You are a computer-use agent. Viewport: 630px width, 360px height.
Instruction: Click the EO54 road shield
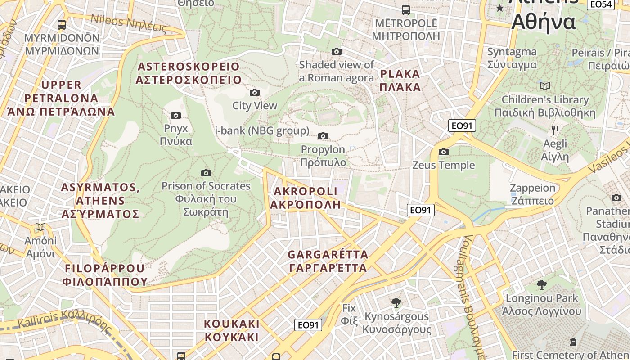[601, 4]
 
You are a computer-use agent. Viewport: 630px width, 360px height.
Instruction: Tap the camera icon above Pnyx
[176, 116]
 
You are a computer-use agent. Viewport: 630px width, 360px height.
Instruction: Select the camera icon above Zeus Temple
[444, 152]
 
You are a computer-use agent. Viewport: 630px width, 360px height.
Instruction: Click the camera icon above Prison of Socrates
[206, 173]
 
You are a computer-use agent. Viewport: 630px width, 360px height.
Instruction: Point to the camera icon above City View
[255, 93]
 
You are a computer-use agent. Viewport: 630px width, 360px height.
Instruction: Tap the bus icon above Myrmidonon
[62, 25]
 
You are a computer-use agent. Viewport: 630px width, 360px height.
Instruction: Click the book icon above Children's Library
[545, 86]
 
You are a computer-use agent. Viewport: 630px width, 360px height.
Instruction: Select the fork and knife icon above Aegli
[555, 130]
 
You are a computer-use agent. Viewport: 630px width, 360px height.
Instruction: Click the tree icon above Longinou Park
[542, 284]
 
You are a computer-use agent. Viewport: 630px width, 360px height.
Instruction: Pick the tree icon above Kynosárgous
[396, 303]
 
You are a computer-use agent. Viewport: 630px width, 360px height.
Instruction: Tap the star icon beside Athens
[500, 8]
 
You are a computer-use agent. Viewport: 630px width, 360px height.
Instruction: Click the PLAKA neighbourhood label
[400, 81]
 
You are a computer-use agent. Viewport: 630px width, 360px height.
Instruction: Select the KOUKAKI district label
[232, 330]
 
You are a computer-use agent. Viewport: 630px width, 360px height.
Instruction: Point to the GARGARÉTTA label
[328, 261]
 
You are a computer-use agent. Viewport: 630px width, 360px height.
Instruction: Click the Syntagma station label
[512, 58]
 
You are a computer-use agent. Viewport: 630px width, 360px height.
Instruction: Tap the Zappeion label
[532, 194]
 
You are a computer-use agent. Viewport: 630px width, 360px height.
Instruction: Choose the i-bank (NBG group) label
[262, 131]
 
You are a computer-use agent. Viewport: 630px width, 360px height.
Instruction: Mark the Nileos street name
[129, 23]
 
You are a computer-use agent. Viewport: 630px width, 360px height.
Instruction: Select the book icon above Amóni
[40, 227]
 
